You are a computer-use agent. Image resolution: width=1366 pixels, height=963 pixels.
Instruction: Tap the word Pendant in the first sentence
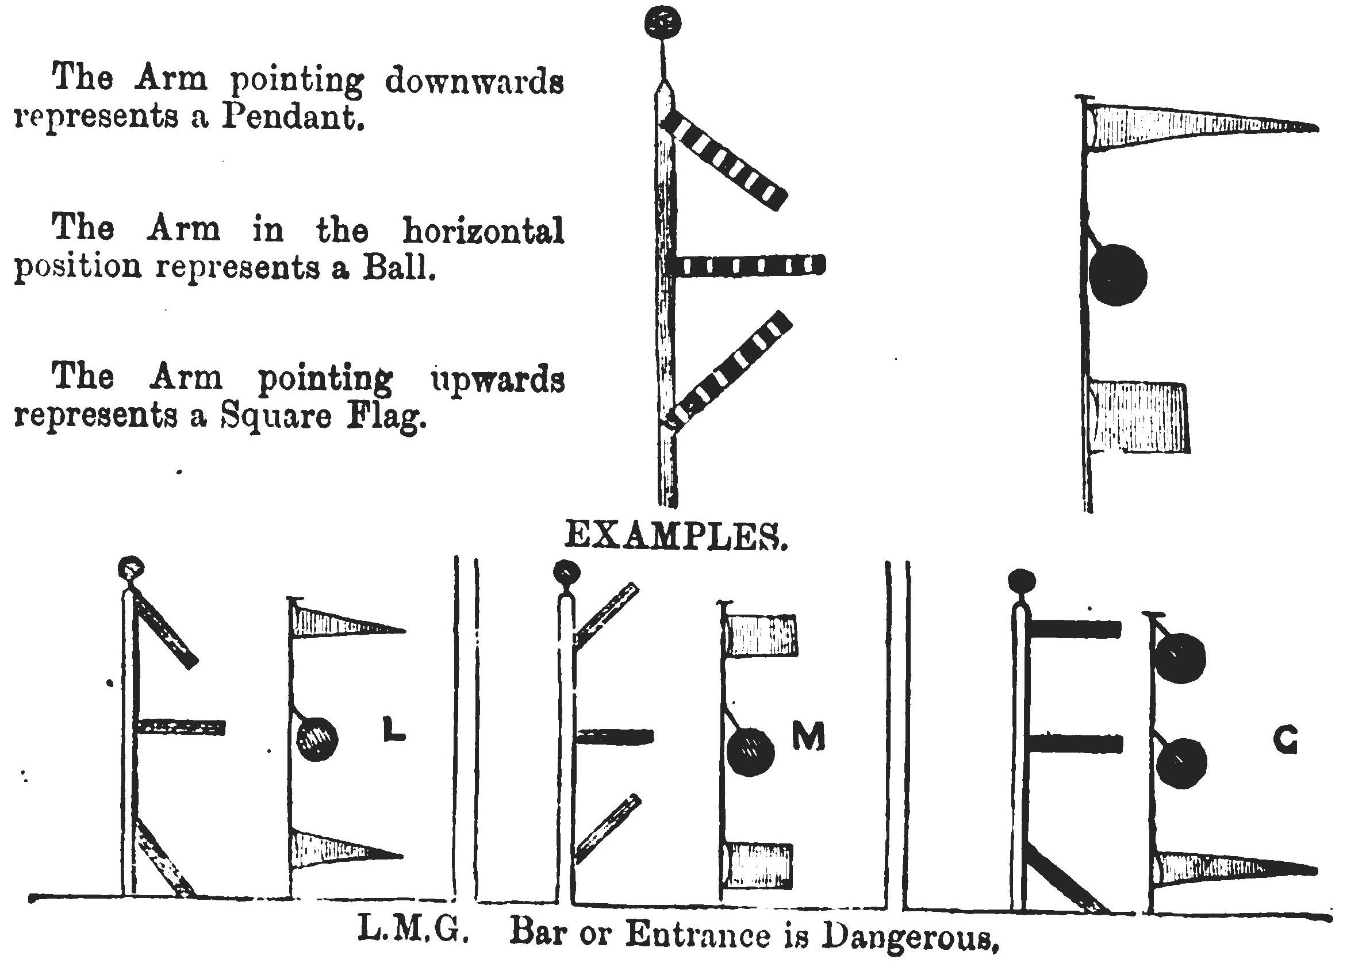pyautogui.click(x=292, y=117)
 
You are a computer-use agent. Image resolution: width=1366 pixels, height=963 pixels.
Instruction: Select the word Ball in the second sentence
pyautogui.click(x=398, y=267)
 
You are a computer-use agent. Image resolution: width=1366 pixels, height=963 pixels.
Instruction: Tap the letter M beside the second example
pyautogui.click(x=809, y=738)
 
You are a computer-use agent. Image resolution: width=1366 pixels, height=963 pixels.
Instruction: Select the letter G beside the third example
pyautogui.click(x=1285, y=741)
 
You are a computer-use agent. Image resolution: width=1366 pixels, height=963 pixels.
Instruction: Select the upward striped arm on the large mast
pyautogui.click(x=730, y=370)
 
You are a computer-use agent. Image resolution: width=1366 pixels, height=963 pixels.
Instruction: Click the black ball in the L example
pyautogui.click(x=317, y=739)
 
